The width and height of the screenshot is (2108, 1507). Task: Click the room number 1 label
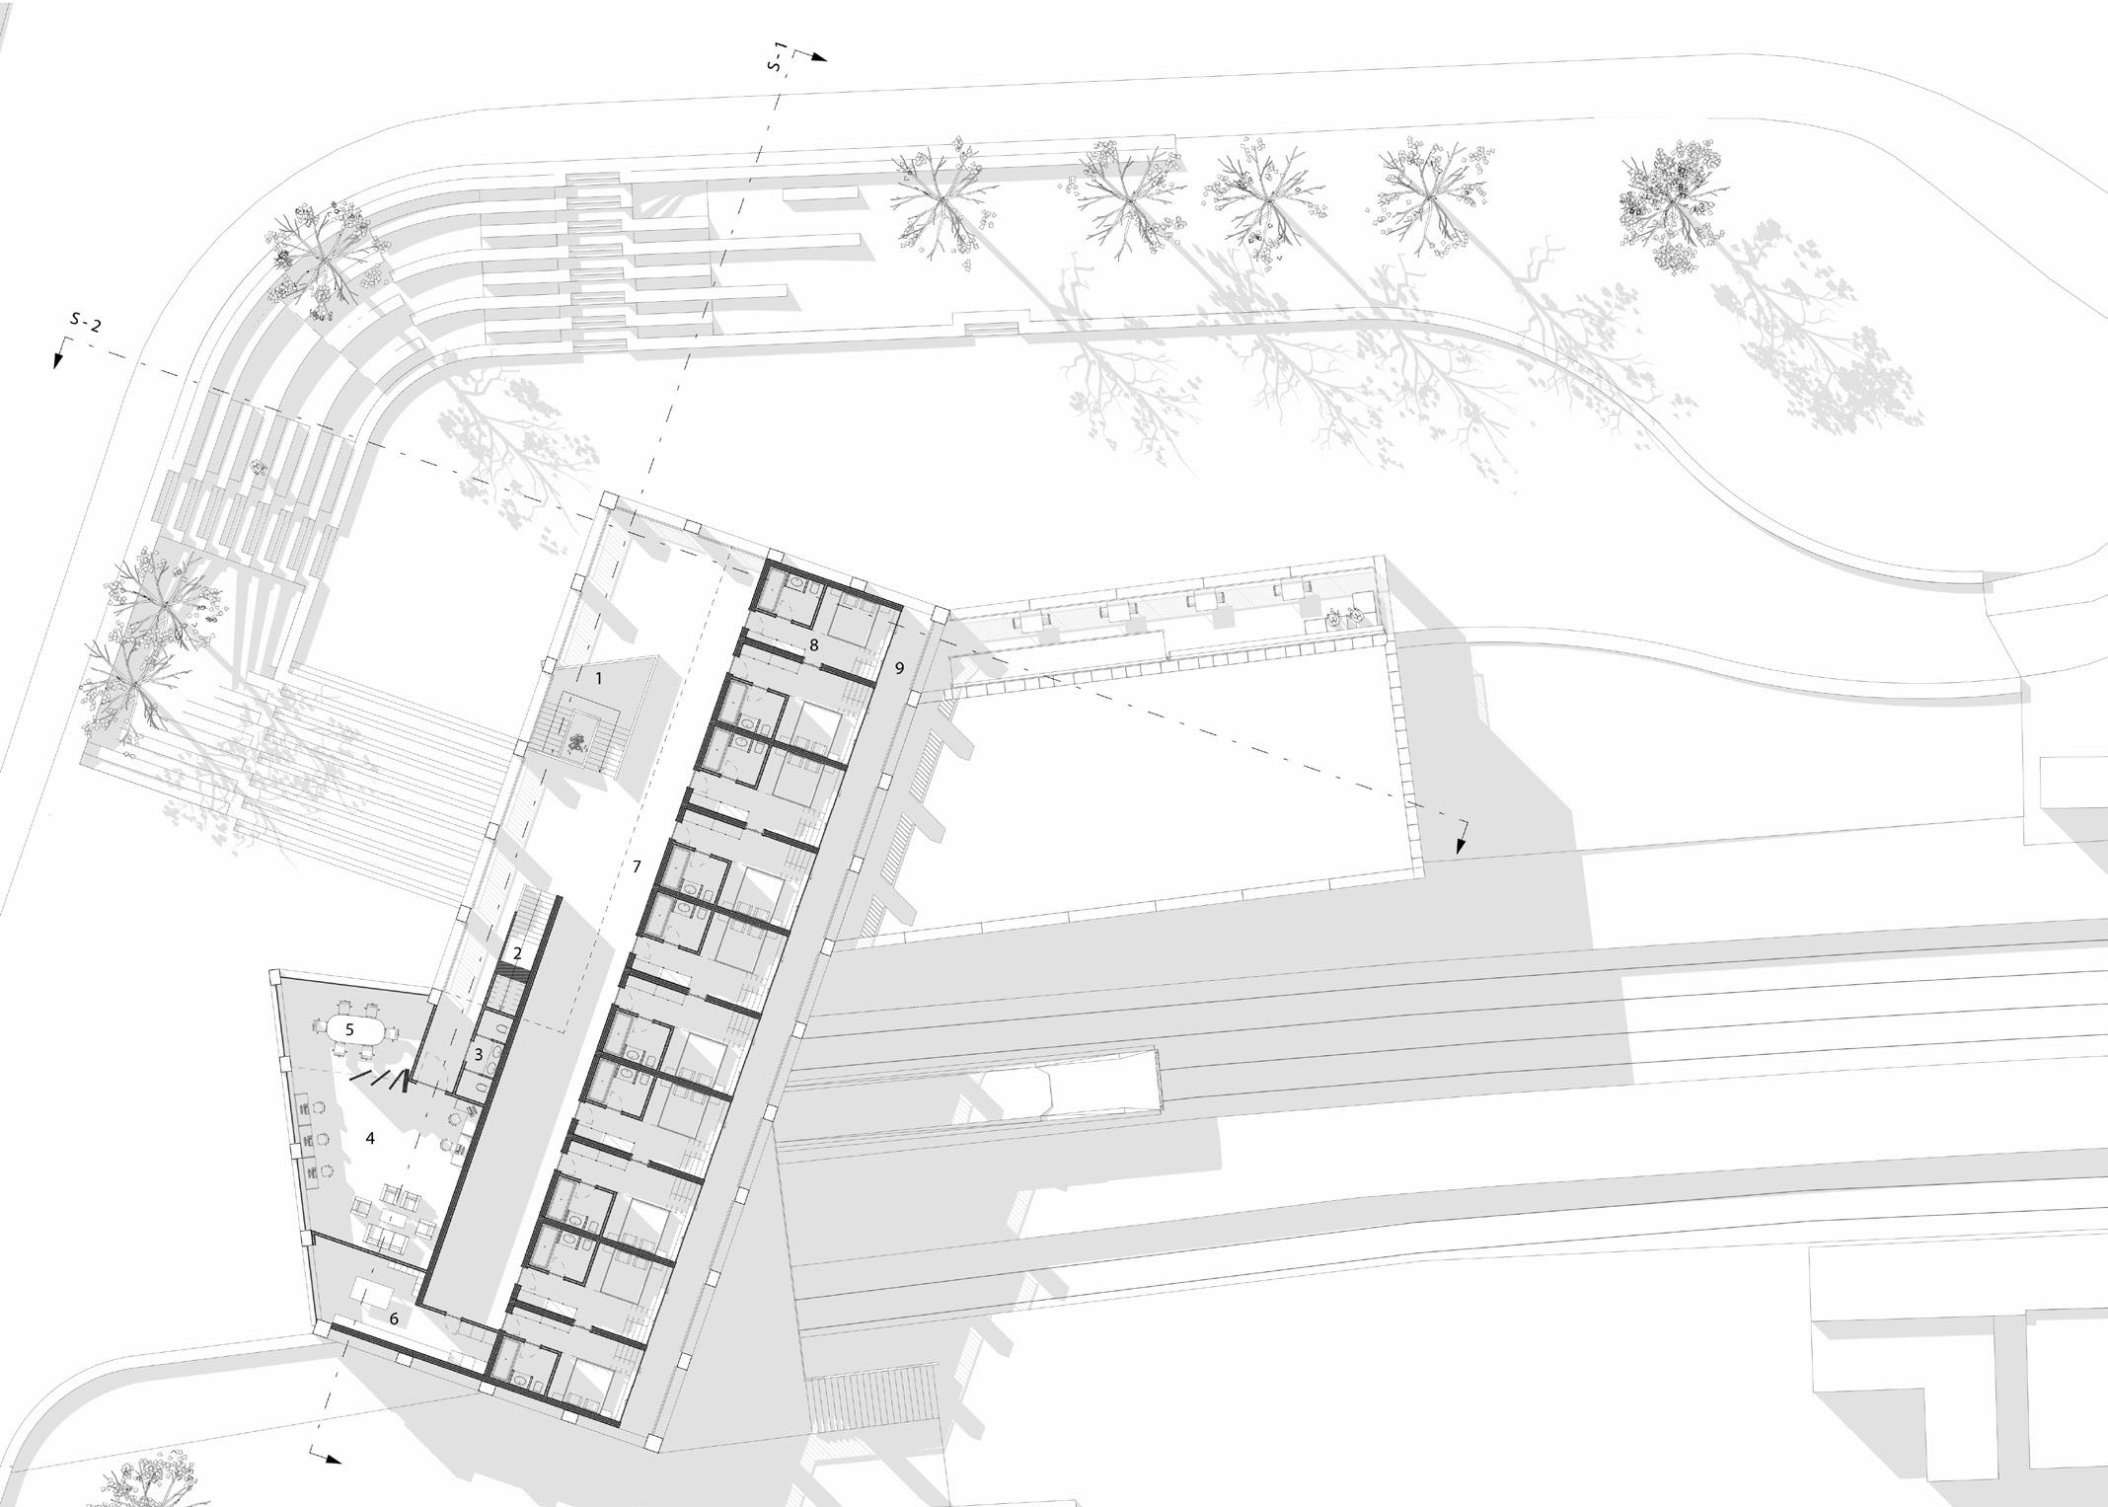tap(598, 679)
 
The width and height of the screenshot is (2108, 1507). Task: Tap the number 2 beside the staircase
tap(517, 953)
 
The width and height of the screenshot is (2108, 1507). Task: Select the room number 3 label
tap(479, 1055)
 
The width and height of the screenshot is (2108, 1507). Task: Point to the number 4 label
tap(370, 1138)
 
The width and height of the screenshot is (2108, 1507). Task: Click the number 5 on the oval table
tap(349, 1028)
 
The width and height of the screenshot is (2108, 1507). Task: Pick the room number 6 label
tap(393, 1319)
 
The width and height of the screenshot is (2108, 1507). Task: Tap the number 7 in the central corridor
tap(637, 867)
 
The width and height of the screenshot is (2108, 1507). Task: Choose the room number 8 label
tap(813, 645)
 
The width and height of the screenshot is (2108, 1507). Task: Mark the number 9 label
tap(899, 668)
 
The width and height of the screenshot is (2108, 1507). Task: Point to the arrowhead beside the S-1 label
tap(818, 57)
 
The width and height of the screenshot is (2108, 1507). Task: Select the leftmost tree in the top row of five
tap(938, 200)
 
